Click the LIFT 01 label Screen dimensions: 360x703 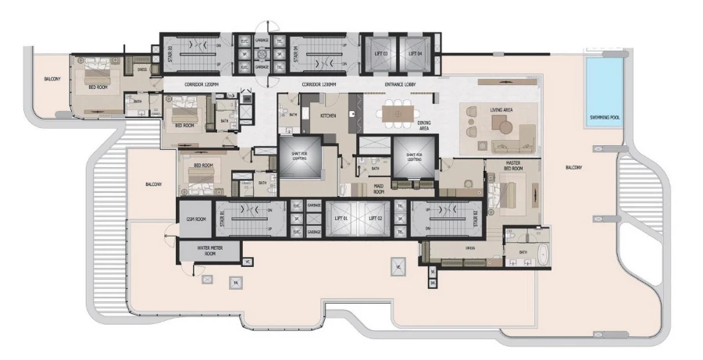pos(340,217)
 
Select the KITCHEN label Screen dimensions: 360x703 pos(328,116)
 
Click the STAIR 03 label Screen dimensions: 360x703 pos(170,53)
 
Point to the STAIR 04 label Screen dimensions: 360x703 pos(275,53)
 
